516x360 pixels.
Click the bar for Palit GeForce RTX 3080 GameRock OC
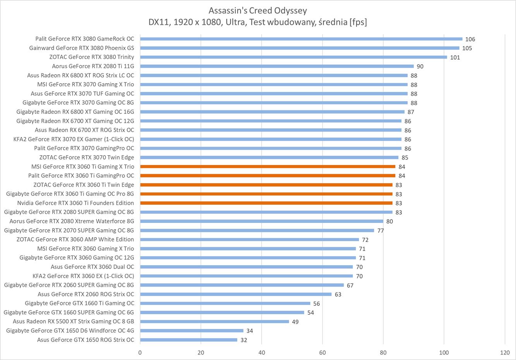pos(301,39)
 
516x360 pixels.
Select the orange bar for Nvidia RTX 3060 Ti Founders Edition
pos(266,203)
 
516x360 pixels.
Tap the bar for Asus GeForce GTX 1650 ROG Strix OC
pos(189,340)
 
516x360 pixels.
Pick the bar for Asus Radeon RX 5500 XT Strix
pos(214,321)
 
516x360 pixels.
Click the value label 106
pos(470,39)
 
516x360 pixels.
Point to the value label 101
pos(455,57)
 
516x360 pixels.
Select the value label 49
pos(295,322)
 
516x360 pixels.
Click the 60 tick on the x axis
pos(322,353)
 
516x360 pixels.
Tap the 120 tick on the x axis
pos(505,353)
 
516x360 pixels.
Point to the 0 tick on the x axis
pos(140,353)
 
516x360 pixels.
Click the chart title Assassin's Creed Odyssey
pos(257,10)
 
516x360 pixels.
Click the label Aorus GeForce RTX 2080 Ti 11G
pos(93,66)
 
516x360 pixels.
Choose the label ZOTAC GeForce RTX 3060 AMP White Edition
pos(75,239)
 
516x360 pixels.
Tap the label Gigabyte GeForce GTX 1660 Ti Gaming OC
pos(79,303)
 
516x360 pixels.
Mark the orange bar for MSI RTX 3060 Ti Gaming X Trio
pos(267,166)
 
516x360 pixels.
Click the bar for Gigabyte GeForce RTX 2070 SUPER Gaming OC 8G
pos(257,230)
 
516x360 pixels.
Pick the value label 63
pos(338,294)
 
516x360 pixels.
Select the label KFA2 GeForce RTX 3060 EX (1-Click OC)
pos(83,276)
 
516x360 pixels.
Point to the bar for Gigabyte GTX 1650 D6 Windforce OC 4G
pos(192,331)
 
